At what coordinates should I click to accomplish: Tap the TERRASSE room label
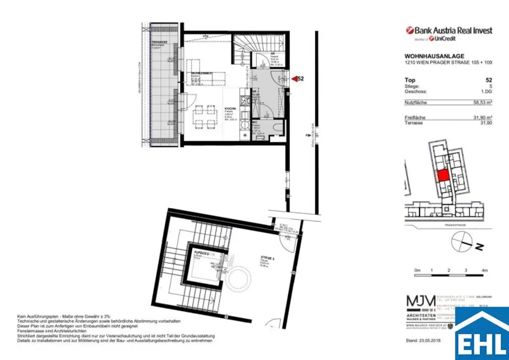tap(160, 43)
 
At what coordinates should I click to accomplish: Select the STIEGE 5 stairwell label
tap(268, 258)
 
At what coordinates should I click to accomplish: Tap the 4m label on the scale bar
tap(484, 270)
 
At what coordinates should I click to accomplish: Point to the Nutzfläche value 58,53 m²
tap(482, 102)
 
